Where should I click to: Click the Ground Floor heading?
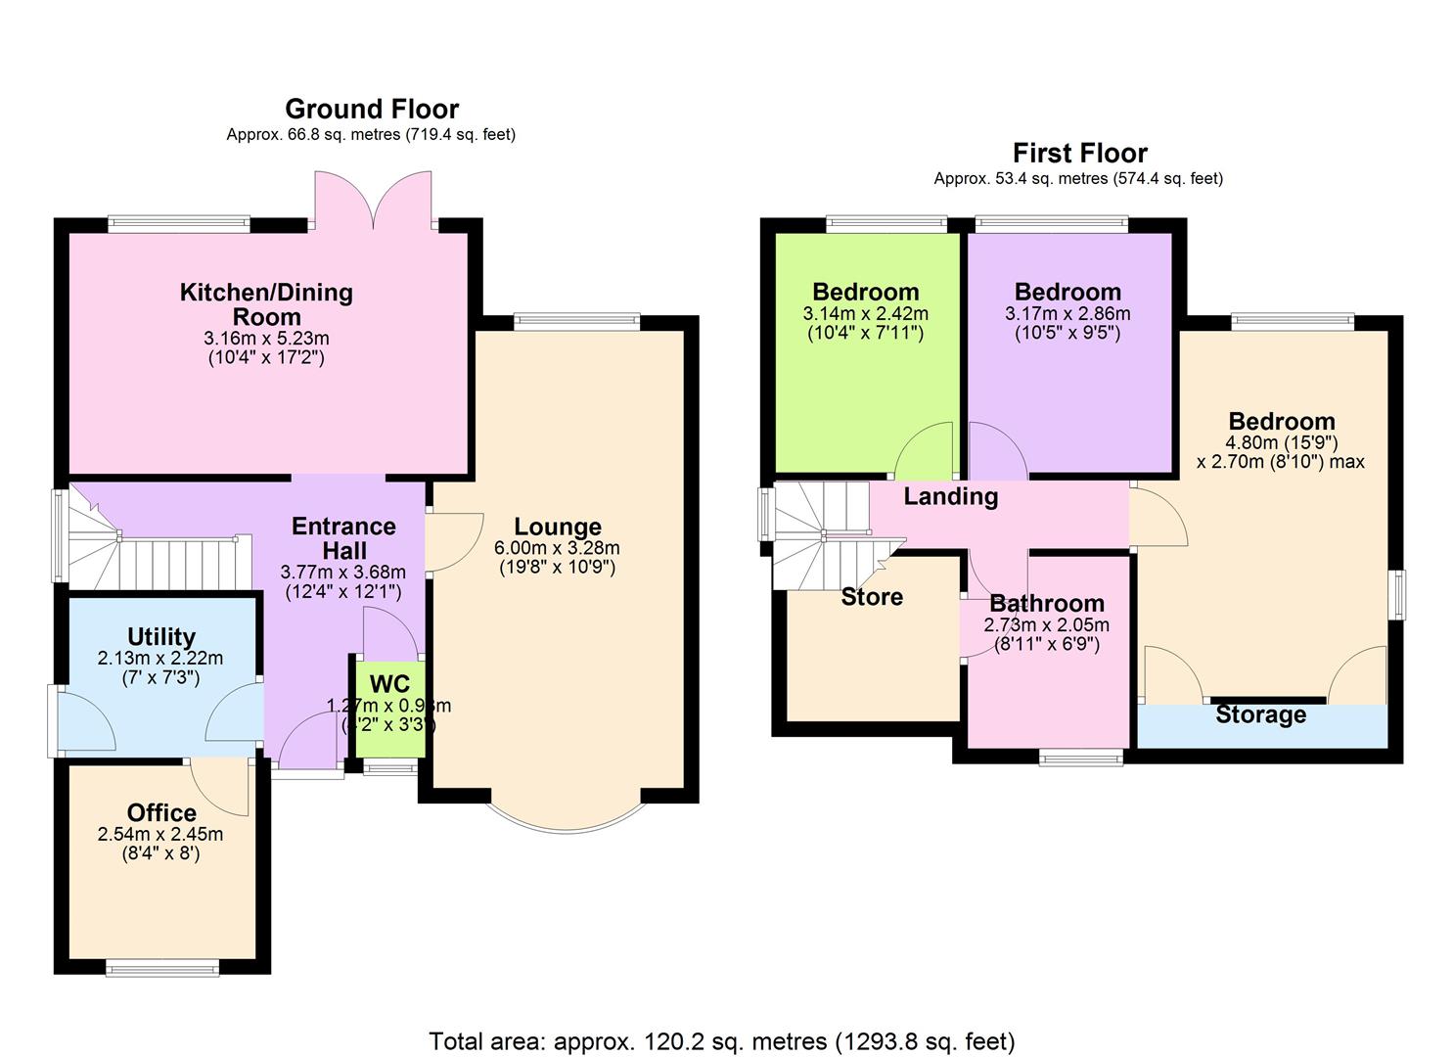[x=371, y=109]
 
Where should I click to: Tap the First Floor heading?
[x=1079, y=153]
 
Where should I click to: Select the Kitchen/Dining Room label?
[x=266, y=303]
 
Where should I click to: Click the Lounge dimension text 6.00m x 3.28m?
[x=557, y=548]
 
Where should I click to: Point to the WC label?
[x=389, y=683]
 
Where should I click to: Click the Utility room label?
[x=161, y=637]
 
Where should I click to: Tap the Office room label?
[x=161, y=812]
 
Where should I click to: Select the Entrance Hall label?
[x=343, y=538]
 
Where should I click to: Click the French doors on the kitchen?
[x=373, y=201]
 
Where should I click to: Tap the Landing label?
[x=950, y=496]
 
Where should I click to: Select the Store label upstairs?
[x=872, y=597]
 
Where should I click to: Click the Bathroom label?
[x=1046, y=603]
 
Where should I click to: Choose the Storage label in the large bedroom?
[x=1260, y=714]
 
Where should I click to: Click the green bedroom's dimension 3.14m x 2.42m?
[x=865, y=314]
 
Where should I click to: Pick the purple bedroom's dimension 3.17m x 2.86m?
[x=1067, y=314]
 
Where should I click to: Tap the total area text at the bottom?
[x=722, y=1041]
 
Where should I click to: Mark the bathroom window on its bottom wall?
[x=1081, y=757]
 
